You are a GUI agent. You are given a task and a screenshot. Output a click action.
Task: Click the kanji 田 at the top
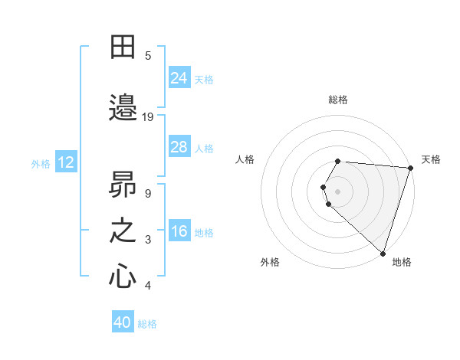point(123,47)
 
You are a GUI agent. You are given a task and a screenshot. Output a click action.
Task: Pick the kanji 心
point(123,277)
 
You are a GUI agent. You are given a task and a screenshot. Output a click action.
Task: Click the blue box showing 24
point(179,78)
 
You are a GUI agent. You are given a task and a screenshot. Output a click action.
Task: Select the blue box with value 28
point(179,147)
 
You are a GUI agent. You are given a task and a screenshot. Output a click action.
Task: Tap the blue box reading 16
point(179,231)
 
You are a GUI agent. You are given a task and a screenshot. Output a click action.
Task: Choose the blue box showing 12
point(66,162)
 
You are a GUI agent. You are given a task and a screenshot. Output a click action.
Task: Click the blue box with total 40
point(123,322)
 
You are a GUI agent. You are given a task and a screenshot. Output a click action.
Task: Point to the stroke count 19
point(148,117)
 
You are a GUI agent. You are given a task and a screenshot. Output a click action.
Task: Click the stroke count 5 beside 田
point(148,55)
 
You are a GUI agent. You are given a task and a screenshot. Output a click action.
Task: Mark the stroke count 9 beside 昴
point(148,193)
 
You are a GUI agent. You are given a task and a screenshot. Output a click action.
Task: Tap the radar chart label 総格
point(338,100)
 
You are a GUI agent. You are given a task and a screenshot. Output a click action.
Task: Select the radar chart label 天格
point(431,159)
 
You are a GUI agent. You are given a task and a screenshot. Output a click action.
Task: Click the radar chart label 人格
point(245,159)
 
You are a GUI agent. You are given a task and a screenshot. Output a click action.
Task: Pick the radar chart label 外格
point(270,262)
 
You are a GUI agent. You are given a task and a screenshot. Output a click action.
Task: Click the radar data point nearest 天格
point(410,168)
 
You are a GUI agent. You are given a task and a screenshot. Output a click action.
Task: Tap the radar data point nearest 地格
point(383,253)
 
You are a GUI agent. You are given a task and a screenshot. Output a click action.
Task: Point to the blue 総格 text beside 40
point(147,324)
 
